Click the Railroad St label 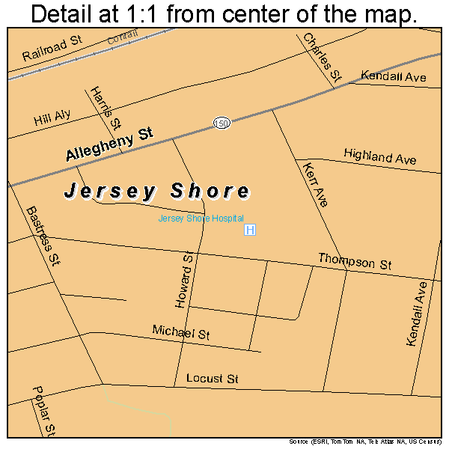(52, 49)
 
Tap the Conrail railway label (123, 38)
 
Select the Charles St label (322, 56)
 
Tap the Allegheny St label (109, 144)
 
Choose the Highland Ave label (379, 156)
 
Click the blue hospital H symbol (250, 230)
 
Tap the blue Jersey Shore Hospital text (201, 219)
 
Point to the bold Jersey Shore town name (156, 192)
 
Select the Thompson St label (355, 261)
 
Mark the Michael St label (180, 332)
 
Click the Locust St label (212, 379)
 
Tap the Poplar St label (43, 410)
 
